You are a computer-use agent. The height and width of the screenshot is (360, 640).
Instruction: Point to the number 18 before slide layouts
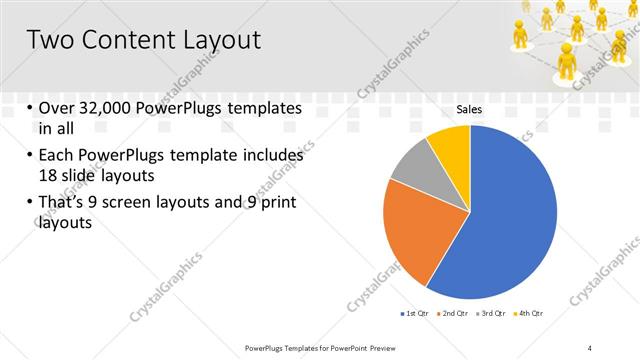tap(48, 174)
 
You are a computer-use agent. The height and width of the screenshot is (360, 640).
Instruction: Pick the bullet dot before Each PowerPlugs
tap(29, 157)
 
